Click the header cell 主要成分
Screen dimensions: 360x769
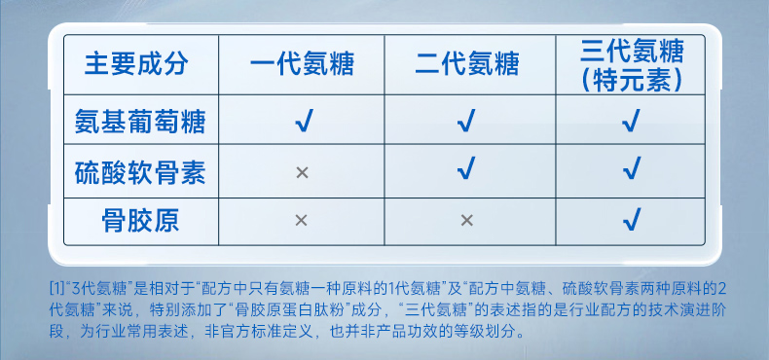(x=136, y=65)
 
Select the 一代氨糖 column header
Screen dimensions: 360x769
(x=302, y=65)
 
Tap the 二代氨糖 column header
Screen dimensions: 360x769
(x=467, y=65)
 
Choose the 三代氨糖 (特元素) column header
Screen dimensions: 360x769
(x=632, y=64)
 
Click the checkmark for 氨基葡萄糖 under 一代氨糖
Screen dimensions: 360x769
(x=303, y=122)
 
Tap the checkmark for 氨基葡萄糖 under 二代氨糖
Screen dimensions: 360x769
(x=467, y=122)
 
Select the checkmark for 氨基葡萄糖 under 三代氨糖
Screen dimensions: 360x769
(x=632, y=122)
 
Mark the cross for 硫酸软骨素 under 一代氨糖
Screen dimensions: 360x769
(x=302, y=172)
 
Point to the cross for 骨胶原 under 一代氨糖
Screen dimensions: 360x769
(x=302, y=220)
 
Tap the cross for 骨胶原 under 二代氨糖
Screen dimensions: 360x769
(x=467, y=220)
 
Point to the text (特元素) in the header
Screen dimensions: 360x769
(x=632, y=79)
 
